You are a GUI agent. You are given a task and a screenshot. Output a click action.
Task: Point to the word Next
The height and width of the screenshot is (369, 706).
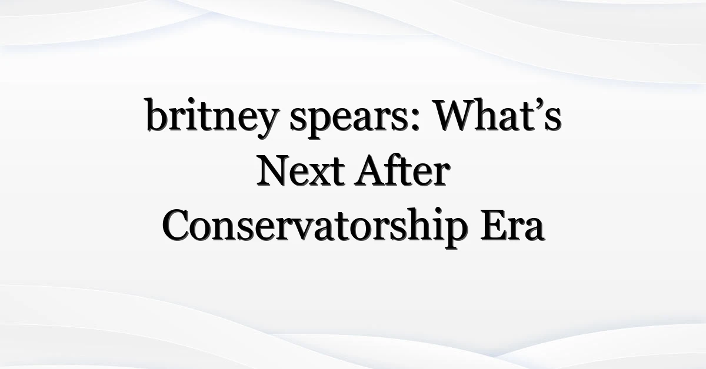[301, 171]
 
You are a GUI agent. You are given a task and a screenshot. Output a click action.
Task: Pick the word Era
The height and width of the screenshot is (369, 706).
[513, 226]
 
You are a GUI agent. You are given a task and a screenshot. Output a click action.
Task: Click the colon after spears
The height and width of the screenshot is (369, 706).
[416, 121]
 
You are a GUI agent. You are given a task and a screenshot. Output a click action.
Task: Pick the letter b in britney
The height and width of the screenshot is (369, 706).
[156, 115]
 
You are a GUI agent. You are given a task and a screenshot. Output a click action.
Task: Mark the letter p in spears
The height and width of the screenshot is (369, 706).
[317, 124]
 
